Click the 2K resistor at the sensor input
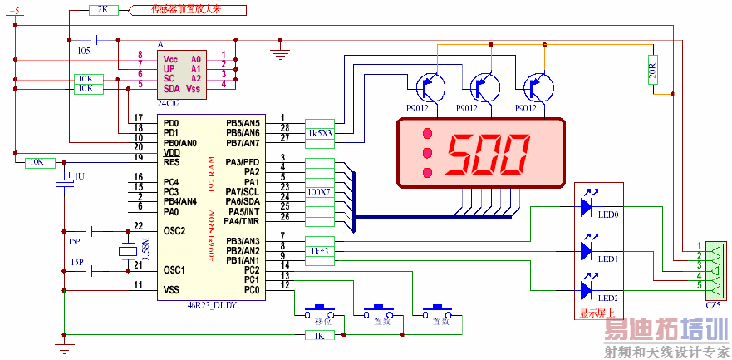(102, 10)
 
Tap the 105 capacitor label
(84, 51)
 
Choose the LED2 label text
(608, 298)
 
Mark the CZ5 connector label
(712, 306)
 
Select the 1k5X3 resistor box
(319, 133)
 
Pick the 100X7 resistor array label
(318, 192)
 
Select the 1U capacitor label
(81, 177)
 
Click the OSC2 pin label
(174, 230)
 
